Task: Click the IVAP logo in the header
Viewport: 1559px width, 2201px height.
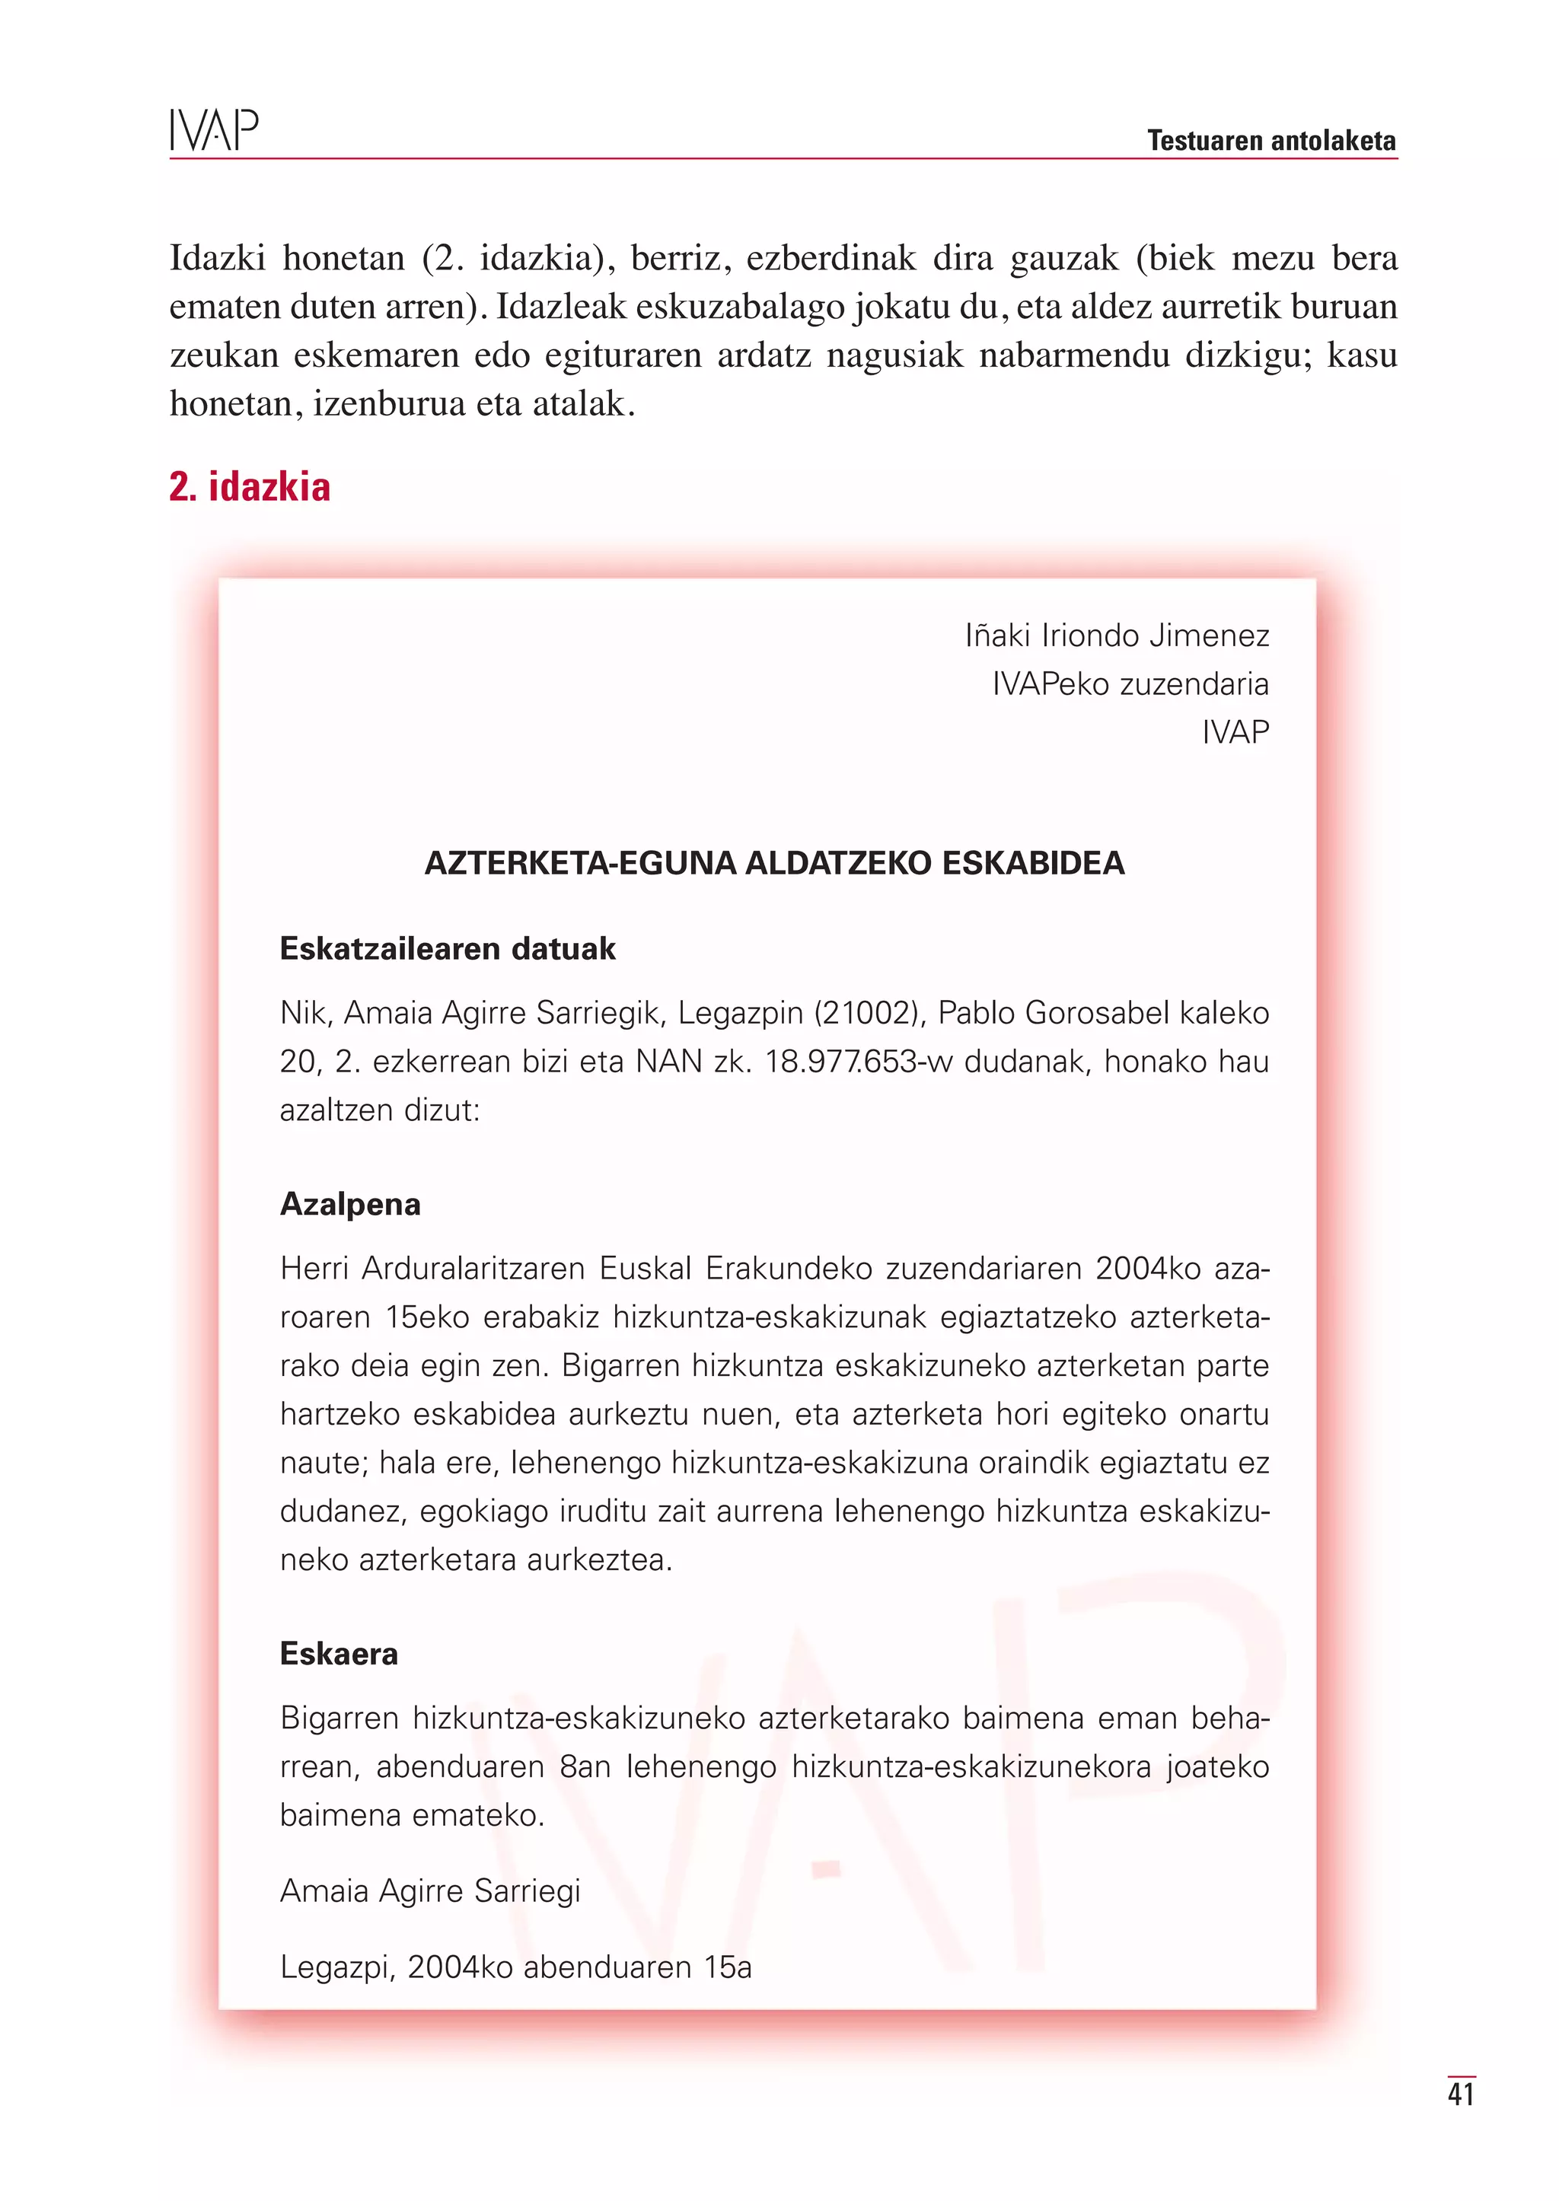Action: tap(214, 131)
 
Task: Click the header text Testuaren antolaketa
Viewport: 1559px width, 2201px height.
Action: tap(1271, 141)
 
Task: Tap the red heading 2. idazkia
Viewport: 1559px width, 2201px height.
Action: tap(250, 486)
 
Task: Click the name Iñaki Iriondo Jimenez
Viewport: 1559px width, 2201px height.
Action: tap(1117, 635)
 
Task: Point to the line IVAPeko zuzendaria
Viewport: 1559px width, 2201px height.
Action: tap(1130, 684)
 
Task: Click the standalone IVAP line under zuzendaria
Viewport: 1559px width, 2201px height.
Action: tap(1235, 732)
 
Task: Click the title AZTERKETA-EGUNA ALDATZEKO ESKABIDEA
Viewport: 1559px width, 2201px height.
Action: tap(773, 863)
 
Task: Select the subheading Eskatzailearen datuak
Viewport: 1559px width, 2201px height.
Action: tap(448, 948)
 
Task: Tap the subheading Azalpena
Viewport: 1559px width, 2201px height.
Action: tap(350, 1204)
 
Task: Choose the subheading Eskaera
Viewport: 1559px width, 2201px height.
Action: tap(339, 1653)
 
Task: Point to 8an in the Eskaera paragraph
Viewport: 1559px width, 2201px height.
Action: tap(585, 1766)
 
